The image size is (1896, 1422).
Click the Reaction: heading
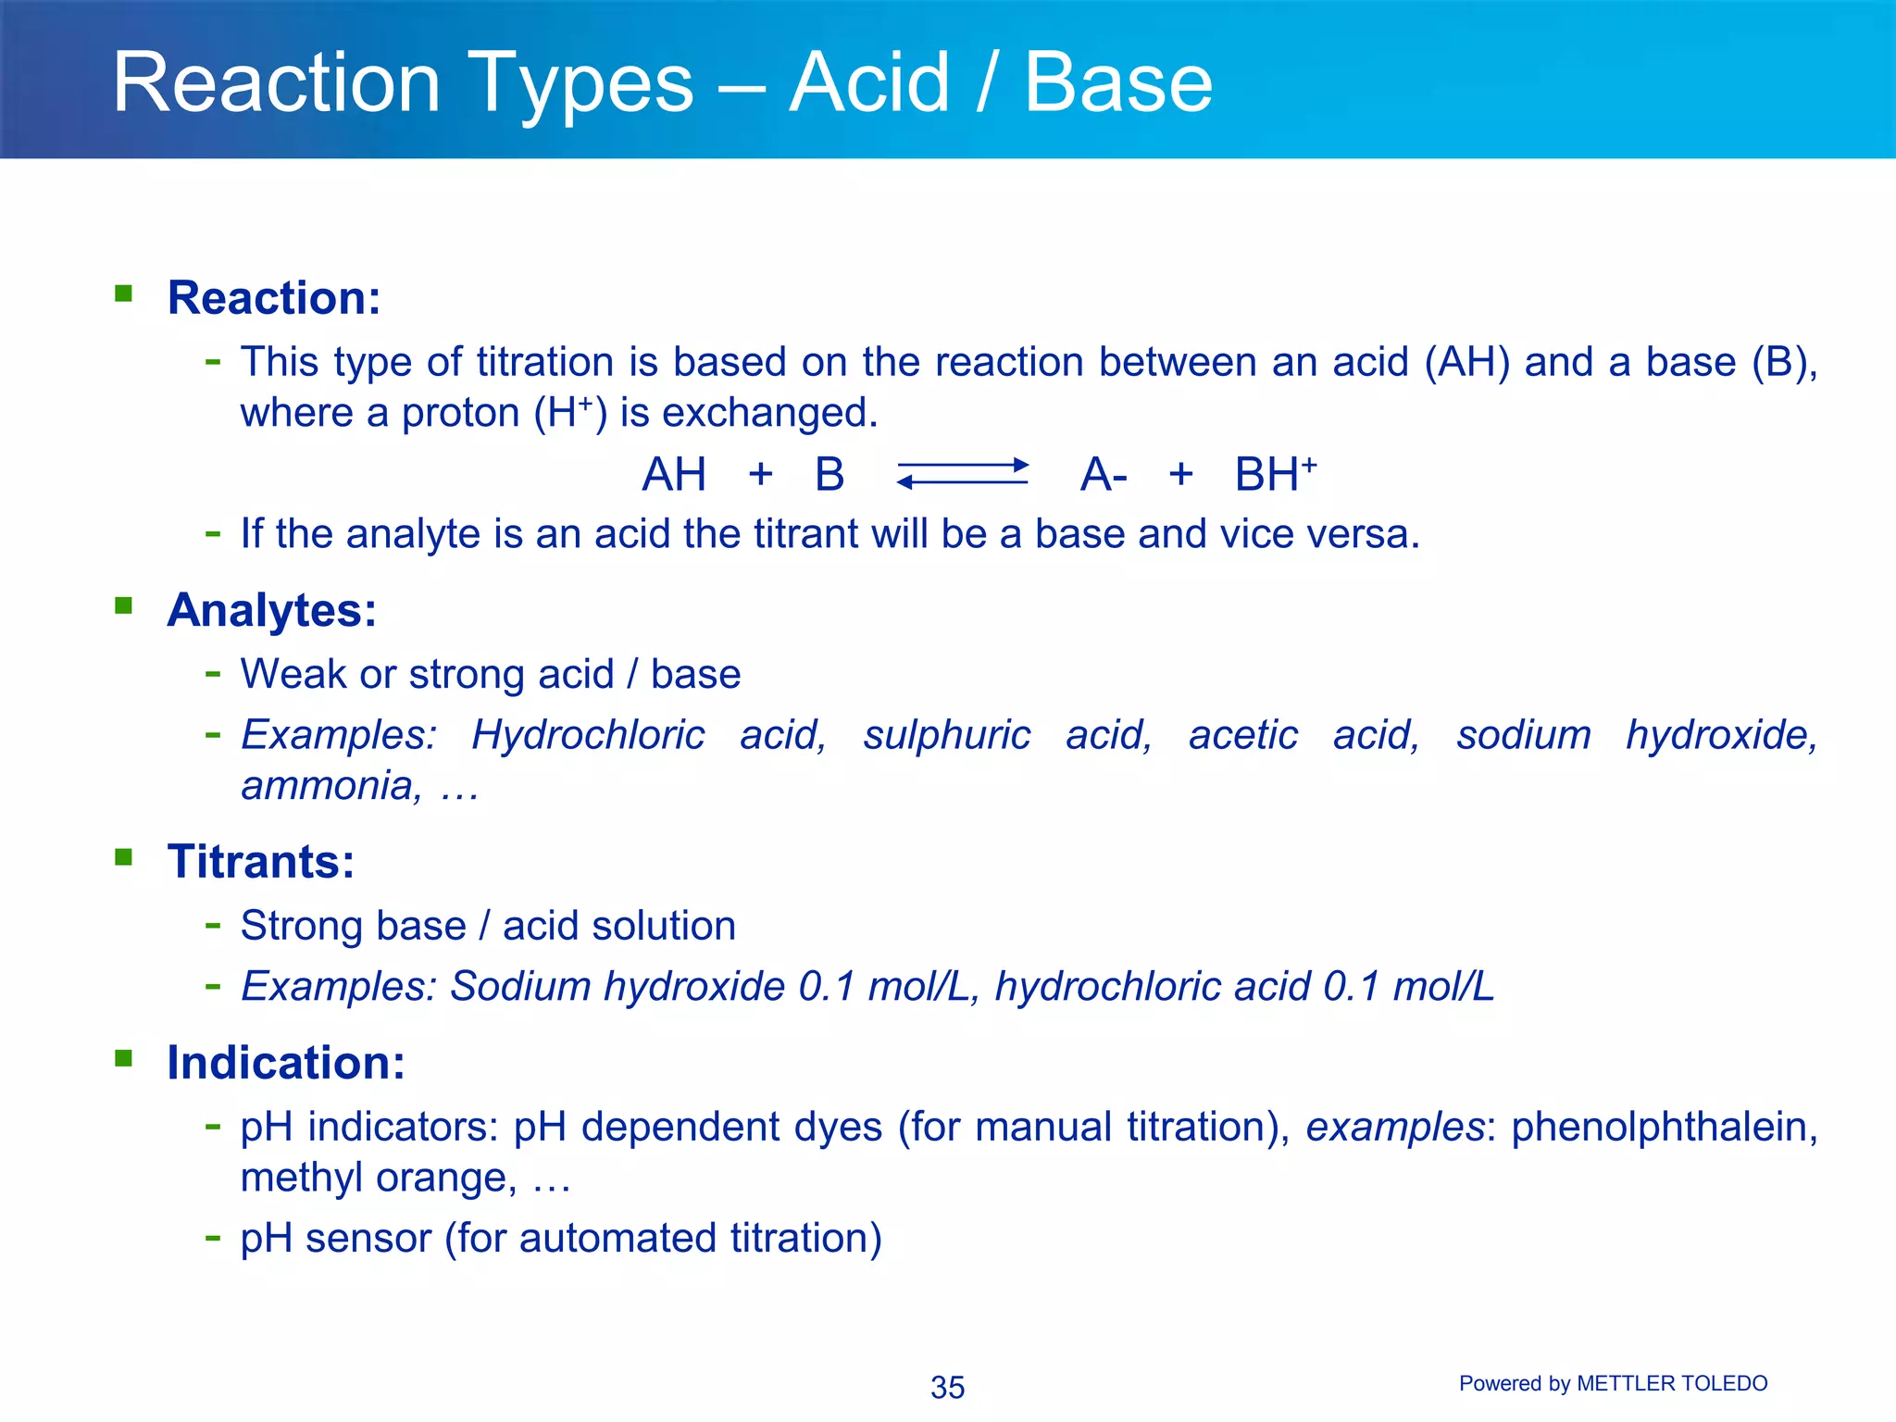[274, 298]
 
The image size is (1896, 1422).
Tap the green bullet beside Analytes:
[124, 606]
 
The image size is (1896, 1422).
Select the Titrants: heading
[261, 862]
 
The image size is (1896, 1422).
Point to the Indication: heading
[286, 1063]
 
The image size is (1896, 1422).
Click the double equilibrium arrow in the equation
[963, 473]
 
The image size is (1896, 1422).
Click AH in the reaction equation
[674, 475]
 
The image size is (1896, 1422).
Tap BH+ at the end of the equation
[1275, 474]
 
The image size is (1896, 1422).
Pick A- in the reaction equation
[1104, 475]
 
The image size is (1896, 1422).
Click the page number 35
[947, 1387]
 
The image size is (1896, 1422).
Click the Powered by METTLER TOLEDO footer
[1613, 1383]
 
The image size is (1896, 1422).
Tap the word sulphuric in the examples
[946, 735]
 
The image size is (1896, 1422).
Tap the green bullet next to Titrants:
[124, 857]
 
